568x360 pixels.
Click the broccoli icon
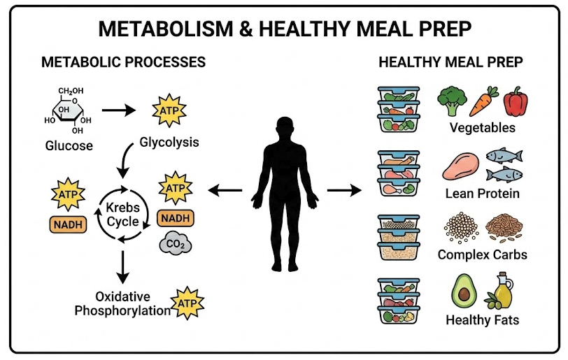(x=452, y=101)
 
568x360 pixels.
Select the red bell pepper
(x=516, y=101)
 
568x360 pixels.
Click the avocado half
(x=463, y=291)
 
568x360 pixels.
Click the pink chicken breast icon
(x=459, y=166)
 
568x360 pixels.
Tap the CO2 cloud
(x=173, y=244)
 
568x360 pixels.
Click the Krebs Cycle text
(x=123, y=215)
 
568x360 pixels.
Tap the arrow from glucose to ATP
(x=121, y=110)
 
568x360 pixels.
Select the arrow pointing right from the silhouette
(x=343, y=189)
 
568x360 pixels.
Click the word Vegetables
(x=482, y=128)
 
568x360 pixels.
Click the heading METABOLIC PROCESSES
(x=124, y=62)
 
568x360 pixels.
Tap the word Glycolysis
(x=169, y=143)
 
